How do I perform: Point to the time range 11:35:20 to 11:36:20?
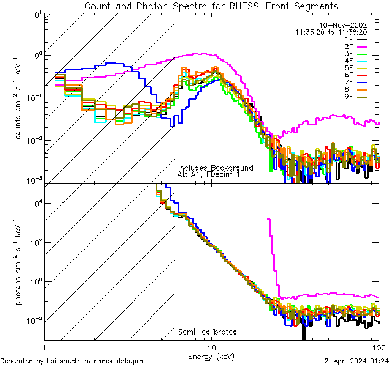(331, 32)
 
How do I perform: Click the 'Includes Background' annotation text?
(215, 168)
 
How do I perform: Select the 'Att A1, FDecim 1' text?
(209, 174)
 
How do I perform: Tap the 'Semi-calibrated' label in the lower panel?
(207, 332)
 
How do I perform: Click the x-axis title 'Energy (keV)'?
(211, 355)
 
